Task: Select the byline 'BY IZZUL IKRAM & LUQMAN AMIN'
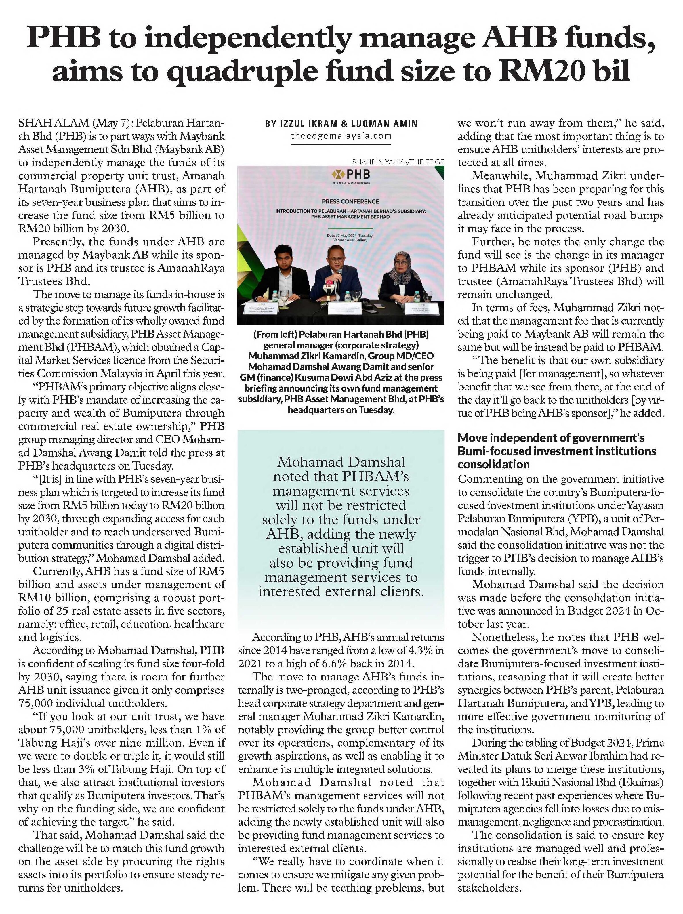tap(341, 123)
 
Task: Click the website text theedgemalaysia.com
tap(341, 136)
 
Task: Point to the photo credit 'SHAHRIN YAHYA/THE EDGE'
tap(398, 162)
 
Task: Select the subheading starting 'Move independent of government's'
tap(557, 451)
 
